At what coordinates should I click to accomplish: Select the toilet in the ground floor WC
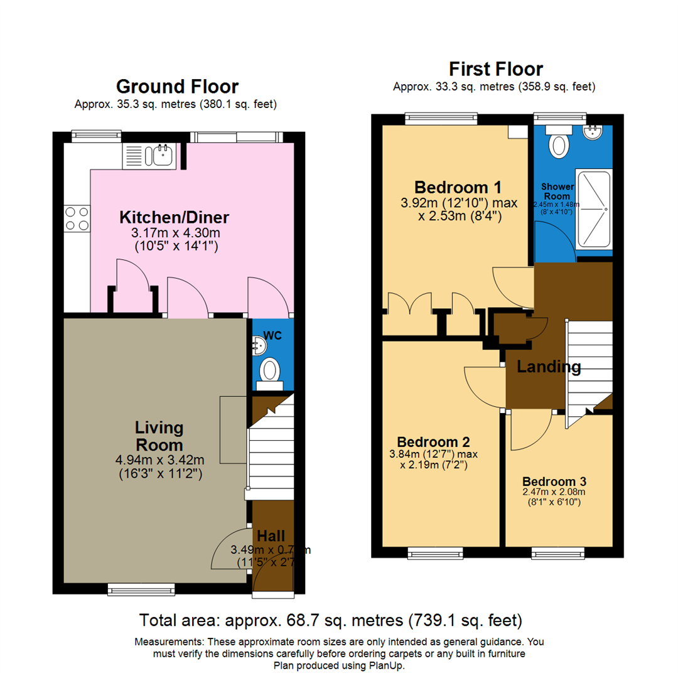pyautogui.click(x=271, y=370)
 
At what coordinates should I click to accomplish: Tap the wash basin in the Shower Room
pyautogui.click(x=592, y=132)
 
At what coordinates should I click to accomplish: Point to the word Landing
pyautogui.click(x=549, y=367)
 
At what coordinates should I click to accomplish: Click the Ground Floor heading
pyautogui.click(x=178, y=86)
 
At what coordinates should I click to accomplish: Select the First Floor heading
pyautogui.click(x=495, y=68)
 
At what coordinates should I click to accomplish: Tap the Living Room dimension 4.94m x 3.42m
pyautogui.click(x=159, y=460)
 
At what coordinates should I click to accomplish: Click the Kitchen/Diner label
pyautogui.click(x=175, y=218)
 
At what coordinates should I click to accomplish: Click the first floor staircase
pyautogui.click(x=589, y=370)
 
